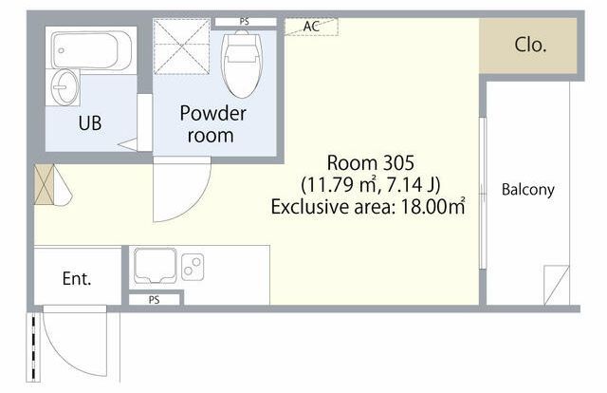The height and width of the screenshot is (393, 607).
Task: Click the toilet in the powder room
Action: [242, 64]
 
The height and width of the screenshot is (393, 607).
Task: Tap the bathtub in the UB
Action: [91, 50]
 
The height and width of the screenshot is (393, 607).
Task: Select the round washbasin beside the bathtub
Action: [64, 87]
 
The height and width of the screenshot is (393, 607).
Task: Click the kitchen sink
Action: [155, 266]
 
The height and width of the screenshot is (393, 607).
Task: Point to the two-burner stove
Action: [193, 267]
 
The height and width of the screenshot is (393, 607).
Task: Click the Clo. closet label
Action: [530, 45]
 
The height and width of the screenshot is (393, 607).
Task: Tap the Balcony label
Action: [528, 190]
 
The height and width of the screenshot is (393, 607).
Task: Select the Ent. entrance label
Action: [77, 278]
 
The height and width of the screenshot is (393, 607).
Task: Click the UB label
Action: [90, 122]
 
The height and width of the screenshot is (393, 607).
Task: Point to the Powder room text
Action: [212, 124]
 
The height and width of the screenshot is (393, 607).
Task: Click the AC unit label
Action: [311, 27]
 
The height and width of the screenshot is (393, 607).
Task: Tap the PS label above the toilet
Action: [245, 22]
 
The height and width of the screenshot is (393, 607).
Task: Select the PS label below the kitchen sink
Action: [154, 300]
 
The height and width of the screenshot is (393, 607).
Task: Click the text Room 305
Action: [371, 162]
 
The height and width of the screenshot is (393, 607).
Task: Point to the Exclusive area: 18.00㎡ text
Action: [368, 207]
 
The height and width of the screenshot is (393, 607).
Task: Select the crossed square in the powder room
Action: [181, 47]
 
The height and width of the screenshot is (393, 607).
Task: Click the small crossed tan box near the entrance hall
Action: [45, 184]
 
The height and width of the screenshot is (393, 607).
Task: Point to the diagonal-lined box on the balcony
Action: [557, 285]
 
